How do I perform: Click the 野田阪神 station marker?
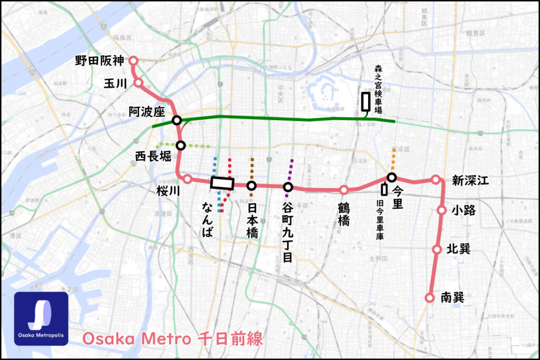point(133,61)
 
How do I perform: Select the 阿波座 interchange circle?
point(177,121)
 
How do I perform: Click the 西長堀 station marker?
point(180,145)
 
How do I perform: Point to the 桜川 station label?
point(168,191)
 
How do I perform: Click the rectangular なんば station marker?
point(222,183)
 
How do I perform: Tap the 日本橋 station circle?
point(252,186)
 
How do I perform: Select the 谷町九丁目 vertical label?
point(288,232)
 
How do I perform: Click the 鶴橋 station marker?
point(344,190)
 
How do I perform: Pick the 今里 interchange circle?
point(392,177)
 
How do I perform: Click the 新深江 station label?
point(470,181)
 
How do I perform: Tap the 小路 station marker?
point(442,210)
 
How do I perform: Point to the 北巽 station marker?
point(437,249)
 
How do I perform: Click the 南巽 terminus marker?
point(429,298)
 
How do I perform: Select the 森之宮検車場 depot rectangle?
point(365,101)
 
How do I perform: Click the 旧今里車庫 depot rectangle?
point(384,189)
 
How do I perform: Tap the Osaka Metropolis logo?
point(41,318)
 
